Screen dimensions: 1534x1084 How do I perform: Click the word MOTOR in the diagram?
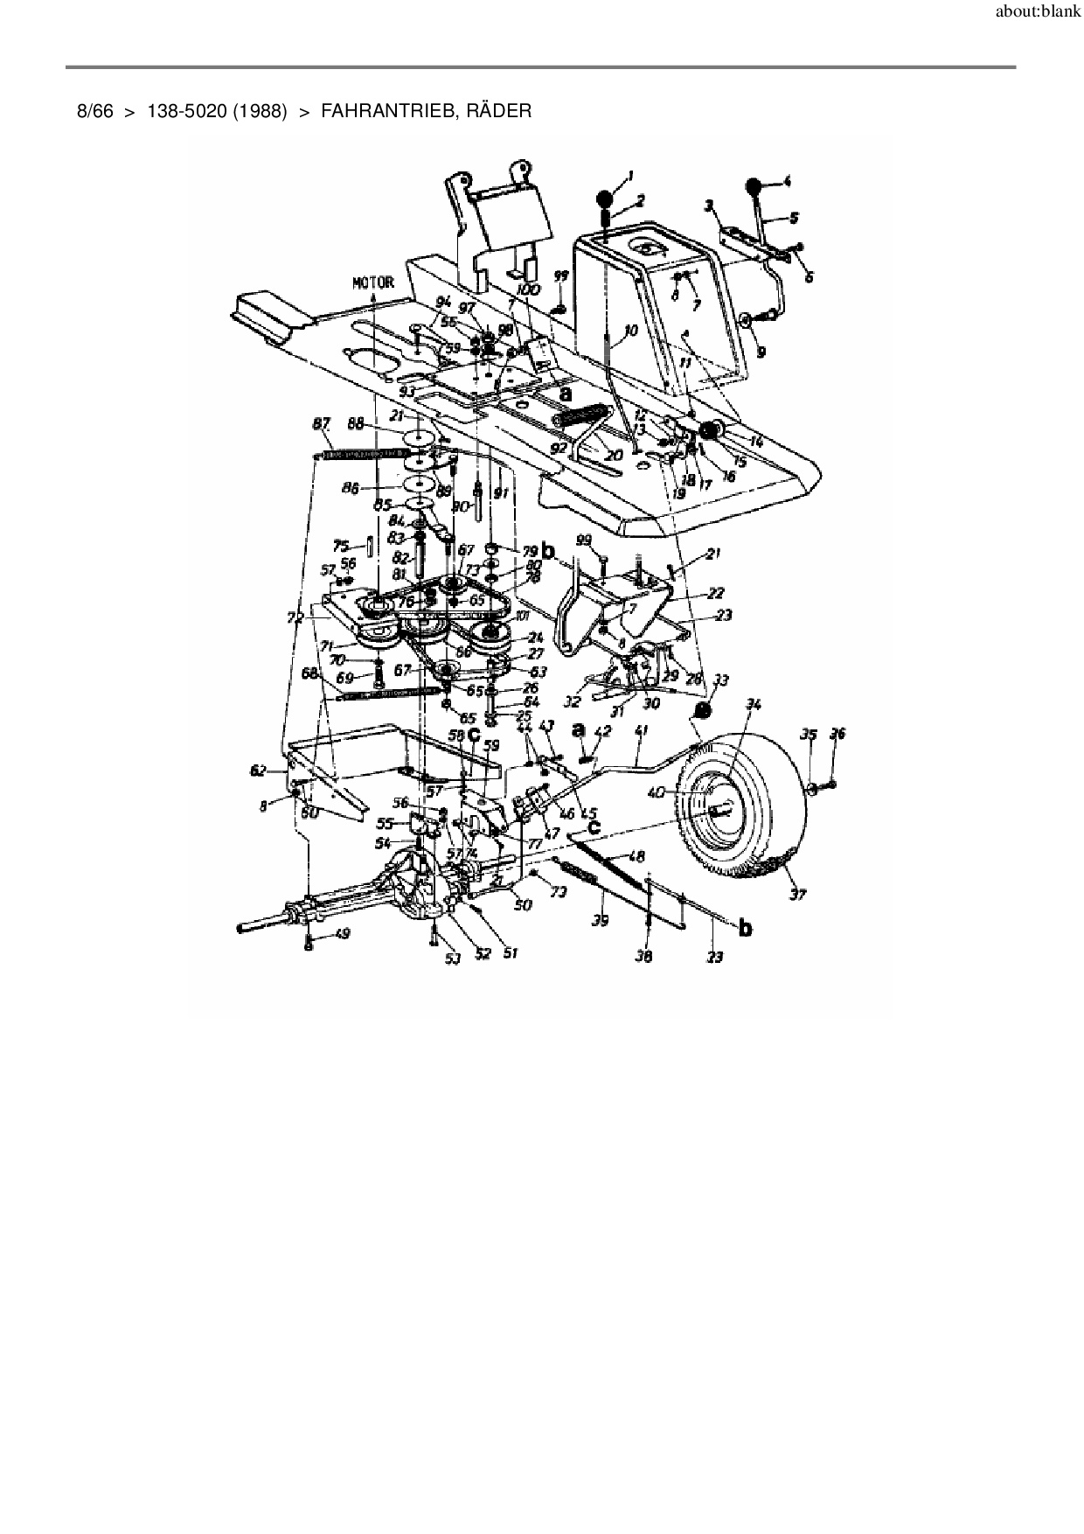[372, 282]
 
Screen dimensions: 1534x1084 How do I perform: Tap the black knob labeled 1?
[606, 197]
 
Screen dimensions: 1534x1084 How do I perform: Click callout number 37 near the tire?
[797, 894]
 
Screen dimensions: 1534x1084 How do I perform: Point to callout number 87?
[322, 424]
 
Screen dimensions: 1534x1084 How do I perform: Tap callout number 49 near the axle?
[341, 935]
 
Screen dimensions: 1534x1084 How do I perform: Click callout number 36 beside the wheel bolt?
[837, 735]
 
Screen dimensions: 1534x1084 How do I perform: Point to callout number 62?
[257, 770]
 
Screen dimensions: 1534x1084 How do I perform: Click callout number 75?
[341, 545]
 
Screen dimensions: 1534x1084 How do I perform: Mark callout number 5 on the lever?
[793, 216]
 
